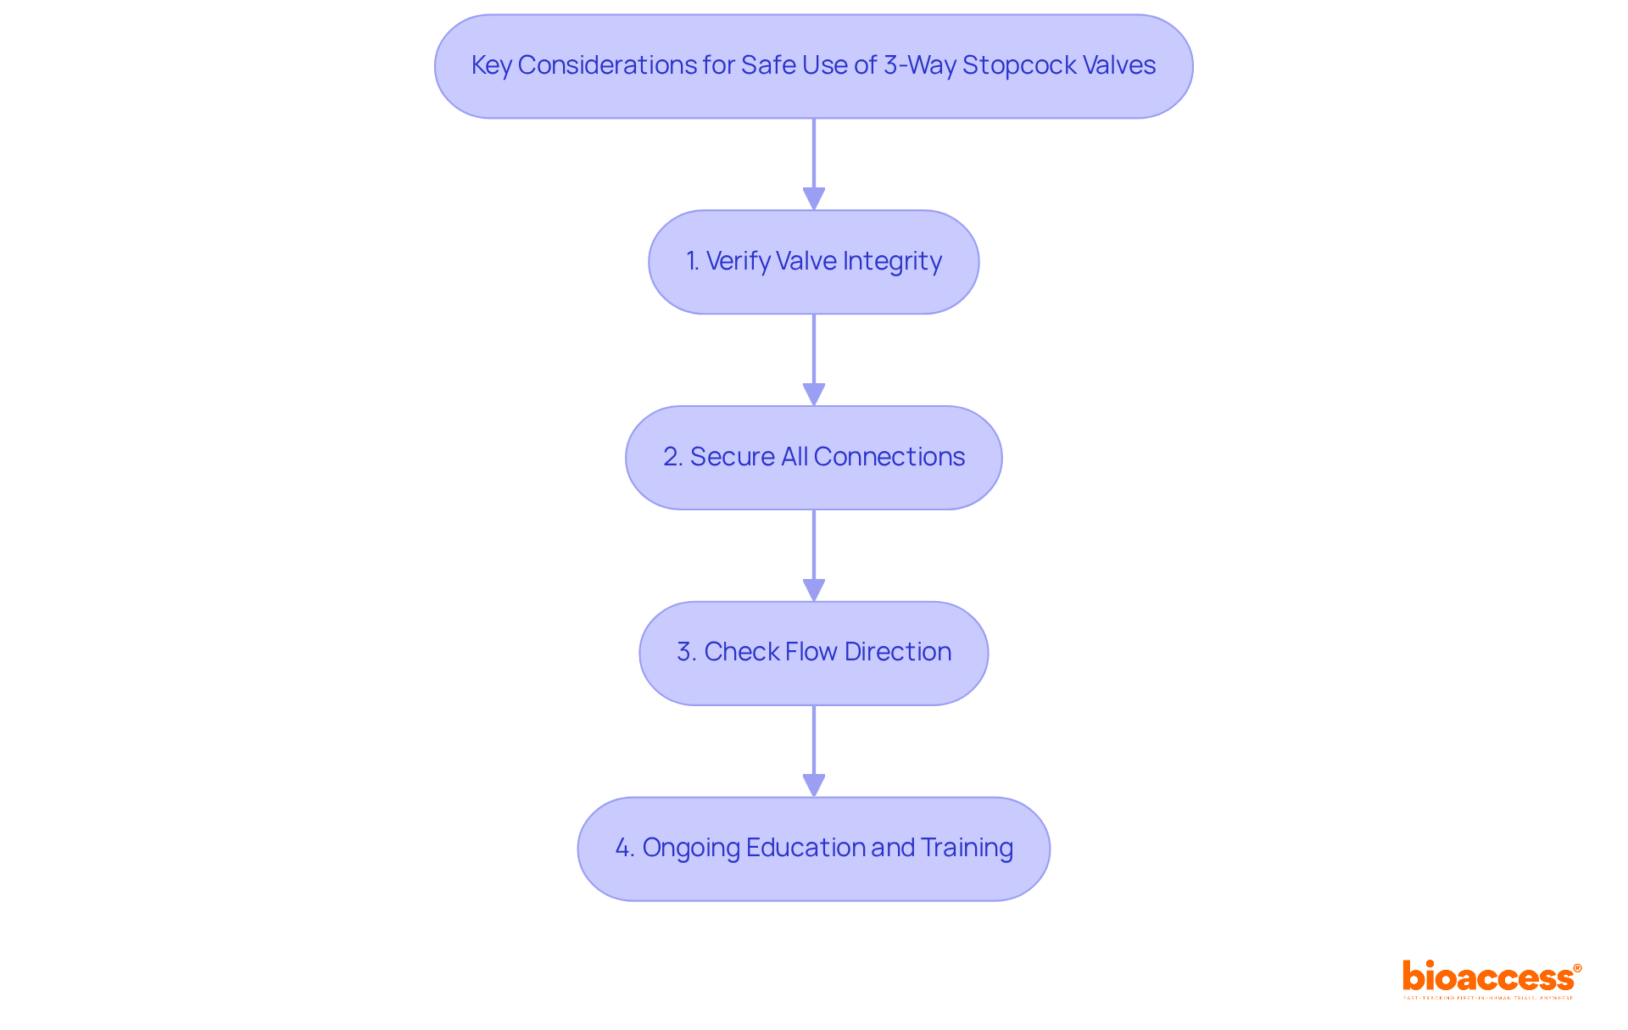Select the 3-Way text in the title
point(920,65)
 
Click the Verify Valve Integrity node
point(813,262)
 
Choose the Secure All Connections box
point(813,458)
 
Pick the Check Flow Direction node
point(813,653)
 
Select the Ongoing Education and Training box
point(813,849)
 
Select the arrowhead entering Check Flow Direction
point(814,590)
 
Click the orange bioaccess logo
point(1487,977)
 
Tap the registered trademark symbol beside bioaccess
point(1577,968)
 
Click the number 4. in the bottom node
point(625,848)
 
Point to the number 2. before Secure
point(673,457)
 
